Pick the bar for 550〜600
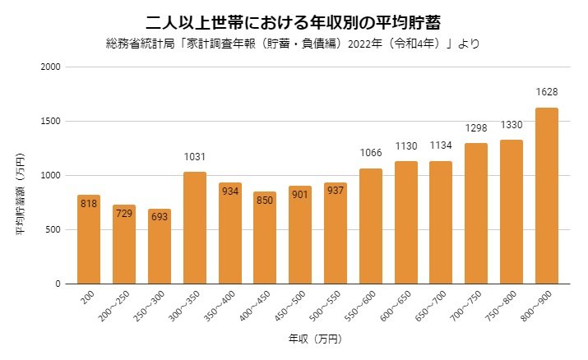[x=371, y=226]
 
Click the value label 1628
[x=547, y=91]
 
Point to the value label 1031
[x=195, y=156]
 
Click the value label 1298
[x=476, y=127]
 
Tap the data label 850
[x=265, y=200]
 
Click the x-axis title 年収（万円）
[x=314, y=339]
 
